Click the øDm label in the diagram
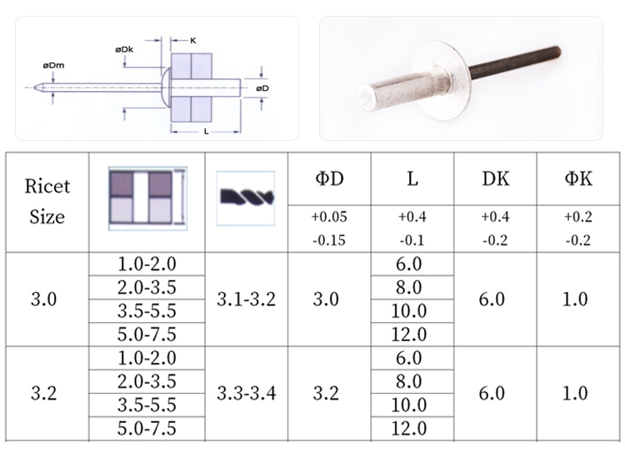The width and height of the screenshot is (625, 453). tap(53, 65)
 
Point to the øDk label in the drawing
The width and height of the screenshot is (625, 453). tap(124, 49)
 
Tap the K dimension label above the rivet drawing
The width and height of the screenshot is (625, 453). tap(193, 40)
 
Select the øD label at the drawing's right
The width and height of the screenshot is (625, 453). tap(262, 88)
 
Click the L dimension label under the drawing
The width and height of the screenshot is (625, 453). tap(206, 131)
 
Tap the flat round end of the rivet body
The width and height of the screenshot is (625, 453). tap(367, 98)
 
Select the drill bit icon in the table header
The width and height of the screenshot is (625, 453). tap(246, 199)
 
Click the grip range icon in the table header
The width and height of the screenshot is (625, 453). tap(147, 199)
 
